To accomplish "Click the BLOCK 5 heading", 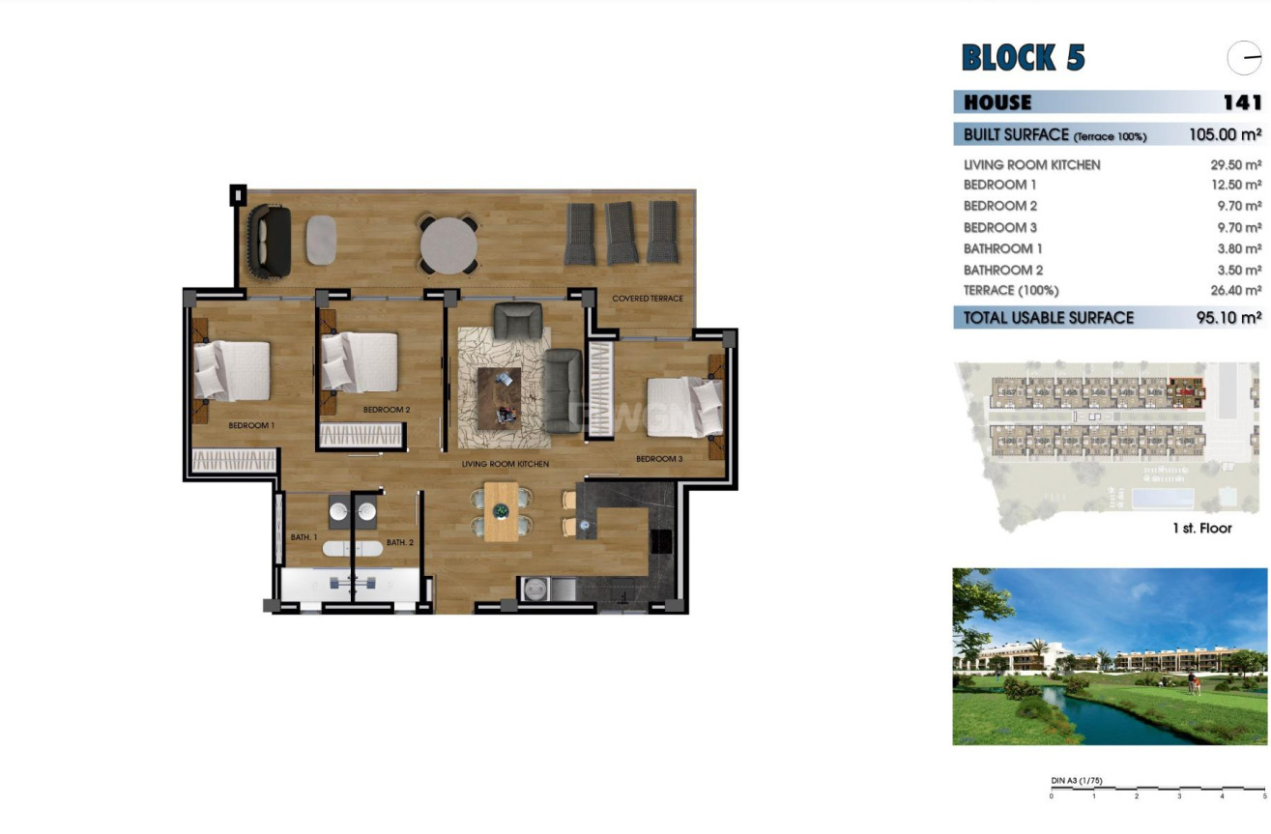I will (x=1023, y=58).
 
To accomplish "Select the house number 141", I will (x=1241, y=102).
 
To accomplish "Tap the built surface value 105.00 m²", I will (x=1225, y=135).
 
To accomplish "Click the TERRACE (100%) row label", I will (x=1010, y=290).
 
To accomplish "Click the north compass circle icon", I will (x=1244, y=59).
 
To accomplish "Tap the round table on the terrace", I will (x=448, y=245).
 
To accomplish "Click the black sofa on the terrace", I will (x=270, y=240).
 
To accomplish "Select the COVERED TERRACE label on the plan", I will (x=647, y=299).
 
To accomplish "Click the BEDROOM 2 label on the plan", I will (x=387, y=410).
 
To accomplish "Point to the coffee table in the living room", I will (x=499, y=397).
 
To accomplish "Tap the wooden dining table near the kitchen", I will (x=501, y=511).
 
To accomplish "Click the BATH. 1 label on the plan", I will (x=303, y=536).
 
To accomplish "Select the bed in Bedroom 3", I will (x=685, y=407).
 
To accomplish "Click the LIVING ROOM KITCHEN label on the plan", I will (x=505, y=465).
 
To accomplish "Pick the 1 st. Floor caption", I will (x=1201, y=529).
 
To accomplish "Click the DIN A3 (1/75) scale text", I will (x=1076, y=781).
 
